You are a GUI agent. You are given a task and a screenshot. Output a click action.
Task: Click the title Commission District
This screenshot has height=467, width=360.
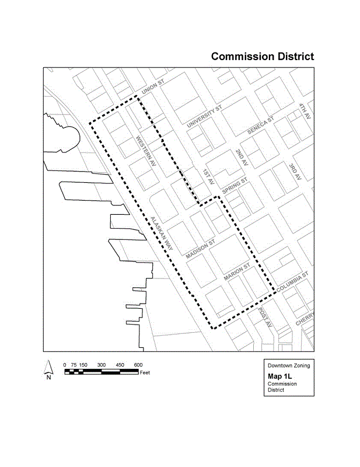click(x=263, y=57)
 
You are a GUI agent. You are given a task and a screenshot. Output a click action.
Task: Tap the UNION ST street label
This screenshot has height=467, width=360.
click(x=153, y=88)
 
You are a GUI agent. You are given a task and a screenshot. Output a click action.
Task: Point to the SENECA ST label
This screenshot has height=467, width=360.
click(x=260, y=127)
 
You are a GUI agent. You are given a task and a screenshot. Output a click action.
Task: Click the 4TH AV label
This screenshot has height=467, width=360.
click(x=305, y=112)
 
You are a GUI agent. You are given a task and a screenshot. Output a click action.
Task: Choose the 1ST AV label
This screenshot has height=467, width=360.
click(x=209, y=177)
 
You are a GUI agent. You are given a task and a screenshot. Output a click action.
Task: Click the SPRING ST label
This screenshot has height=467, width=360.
click(x=235, y=188)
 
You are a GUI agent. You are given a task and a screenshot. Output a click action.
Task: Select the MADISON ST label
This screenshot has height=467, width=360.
click(x=201, y=249)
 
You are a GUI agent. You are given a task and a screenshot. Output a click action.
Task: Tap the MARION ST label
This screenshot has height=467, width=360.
click(x=237, y=273)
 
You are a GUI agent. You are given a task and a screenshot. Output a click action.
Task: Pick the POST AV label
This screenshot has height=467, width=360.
click(x=265, y=318)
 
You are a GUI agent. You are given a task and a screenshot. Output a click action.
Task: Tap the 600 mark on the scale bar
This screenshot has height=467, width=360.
click(x=138, y=365)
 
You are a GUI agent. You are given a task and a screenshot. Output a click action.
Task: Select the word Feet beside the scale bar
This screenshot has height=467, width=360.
click(x=146, y=372)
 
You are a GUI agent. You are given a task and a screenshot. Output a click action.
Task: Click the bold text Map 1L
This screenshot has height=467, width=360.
click(x=279, y=376)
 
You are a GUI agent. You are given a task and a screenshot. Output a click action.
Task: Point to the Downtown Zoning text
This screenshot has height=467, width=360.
click(x=289, y=365)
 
